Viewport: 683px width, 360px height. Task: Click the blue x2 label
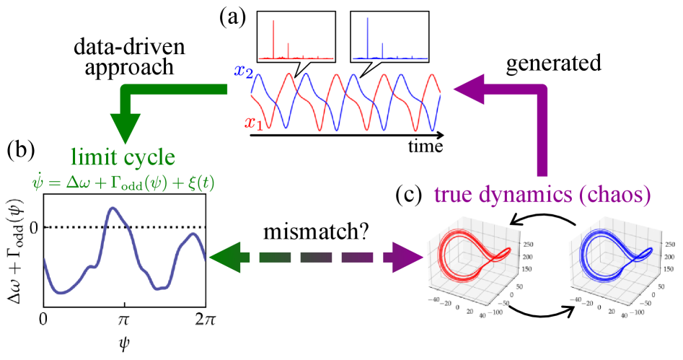242,71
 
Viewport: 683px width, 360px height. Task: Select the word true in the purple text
455,195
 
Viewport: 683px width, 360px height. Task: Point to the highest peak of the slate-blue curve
113,209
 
